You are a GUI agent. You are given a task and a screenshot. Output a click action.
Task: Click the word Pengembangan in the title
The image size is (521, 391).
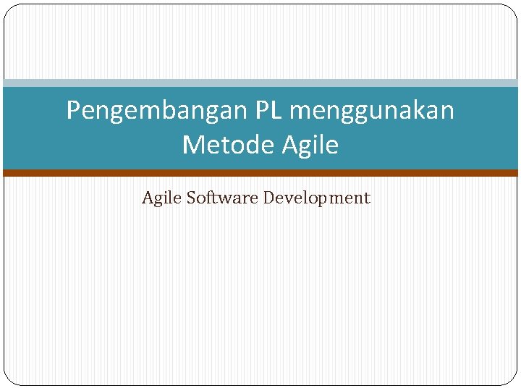tap(157, 111)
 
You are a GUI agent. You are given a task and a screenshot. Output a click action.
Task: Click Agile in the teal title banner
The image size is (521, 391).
tap(310, 146)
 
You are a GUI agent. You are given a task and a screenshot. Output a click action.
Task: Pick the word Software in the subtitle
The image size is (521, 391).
tap(222, 198)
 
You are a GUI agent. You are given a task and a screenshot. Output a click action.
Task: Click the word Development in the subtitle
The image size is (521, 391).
tap(316, 198)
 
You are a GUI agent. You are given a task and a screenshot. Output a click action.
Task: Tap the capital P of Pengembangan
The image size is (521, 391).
tap(73, 111)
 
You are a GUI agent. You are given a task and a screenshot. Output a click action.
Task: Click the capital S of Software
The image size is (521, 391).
tap(191, 198)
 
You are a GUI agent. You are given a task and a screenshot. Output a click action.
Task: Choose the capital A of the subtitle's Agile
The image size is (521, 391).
tap(148, 198)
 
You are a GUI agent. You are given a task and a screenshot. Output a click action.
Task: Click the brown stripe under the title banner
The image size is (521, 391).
tap(260, 173)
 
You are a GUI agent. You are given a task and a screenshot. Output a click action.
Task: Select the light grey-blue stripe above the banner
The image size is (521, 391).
tap(260, 83)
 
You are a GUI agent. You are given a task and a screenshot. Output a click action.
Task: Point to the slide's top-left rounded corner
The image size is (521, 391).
tap(9, 9)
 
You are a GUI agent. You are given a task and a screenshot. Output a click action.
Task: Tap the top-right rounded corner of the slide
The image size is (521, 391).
tap(512, 9)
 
